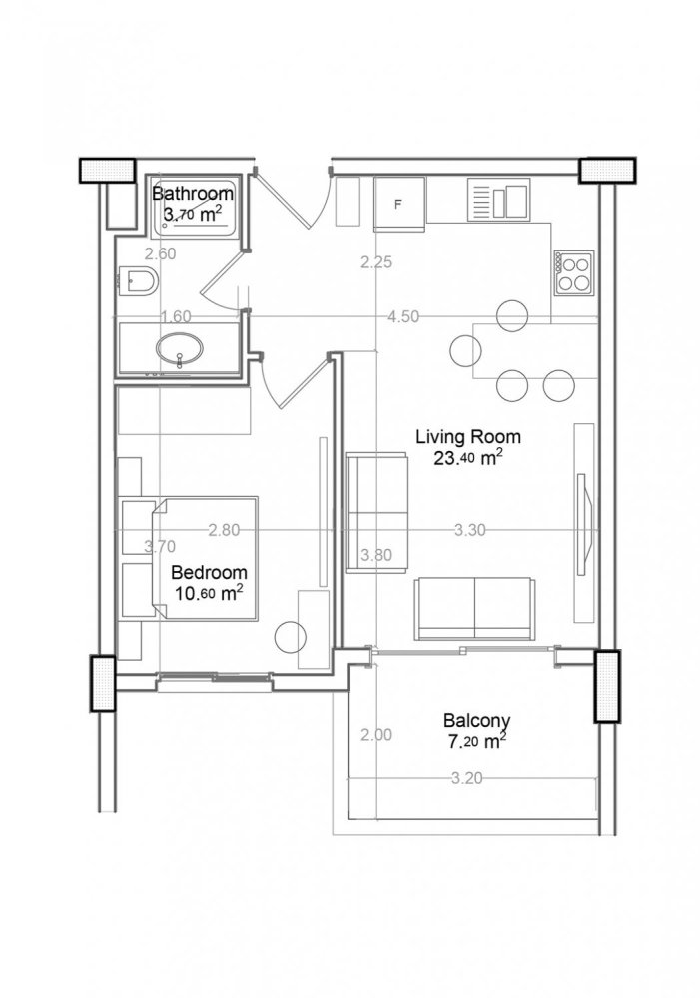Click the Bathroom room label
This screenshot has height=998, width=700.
[194, 193]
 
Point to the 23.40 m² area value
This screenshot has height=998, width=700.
[467, 459]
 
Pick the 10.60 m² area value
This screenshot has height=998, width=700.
[208, 594]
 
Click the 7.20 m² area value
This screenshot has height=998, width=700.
[475, 741]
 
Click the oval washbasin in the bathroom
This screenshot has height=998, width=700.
[180, 349]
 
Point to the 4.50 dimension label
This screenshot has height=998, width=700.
[404, 317]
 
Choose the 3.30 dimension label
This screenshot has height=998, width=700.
[469, 531]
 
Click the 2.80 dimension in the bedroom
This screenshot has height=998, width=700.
[224, 531]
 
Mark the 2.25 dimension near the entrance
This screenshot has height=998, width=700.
[376, 263]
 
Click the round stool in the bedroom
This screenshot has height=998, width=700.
[291, 636]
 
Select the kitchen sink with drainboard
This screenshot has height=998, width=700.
[498, 200]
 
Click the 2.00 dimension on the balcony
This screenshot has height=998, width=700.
[375, 735]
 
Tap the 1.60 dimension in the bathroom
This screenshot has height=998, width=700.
[175, 317]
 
